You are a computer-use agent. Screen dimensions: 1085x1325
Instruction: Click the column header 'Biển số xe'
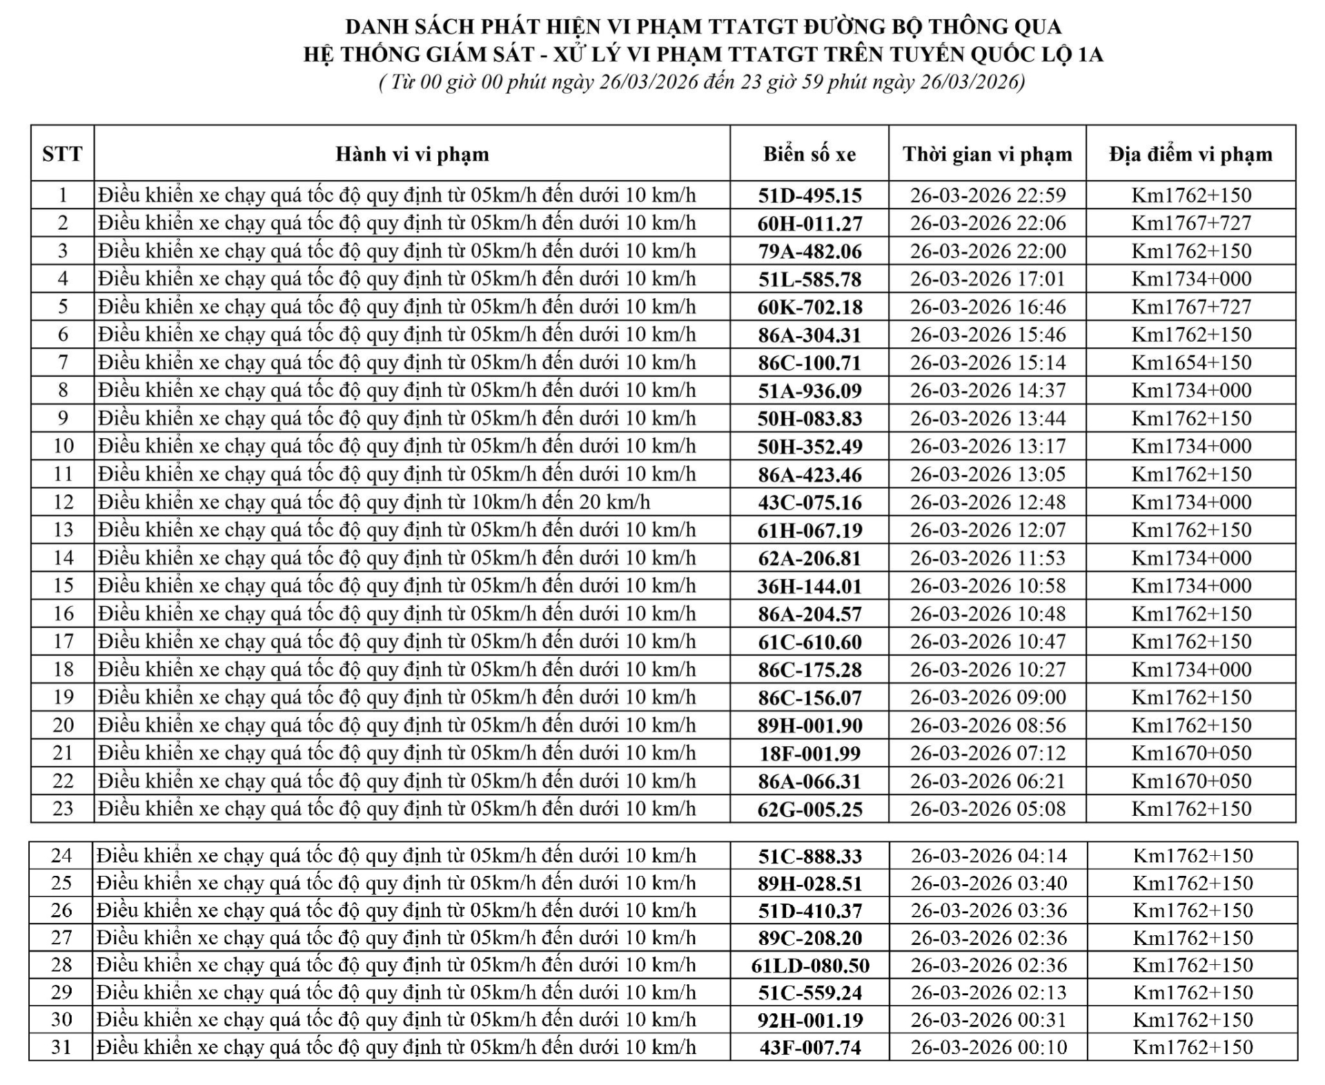(809, 154)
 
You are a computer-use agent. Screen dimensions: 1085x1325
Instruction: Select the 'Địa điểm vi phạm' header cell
(1190, 154)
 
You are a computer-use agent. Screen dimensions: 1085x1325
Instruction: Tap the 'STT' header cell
(62, 154)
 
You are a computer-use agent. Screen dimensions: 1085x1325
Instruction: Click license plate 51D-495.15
(809, 196)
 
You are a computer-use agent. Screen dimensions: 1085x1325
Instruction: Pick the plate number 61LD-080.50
(809, 966)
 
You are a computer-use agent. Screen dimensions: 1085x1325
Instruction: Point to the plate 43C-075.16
(809, 502)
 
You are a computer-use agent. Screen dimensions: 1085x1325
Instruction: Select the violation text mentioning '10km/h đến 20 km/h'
(374, 502)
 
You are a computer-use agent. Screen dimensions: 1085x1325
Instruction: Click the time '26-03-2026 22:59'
(988, 196)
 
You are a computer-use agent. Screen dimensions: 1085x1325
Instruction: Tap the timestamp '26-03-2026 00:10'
(988, 1048)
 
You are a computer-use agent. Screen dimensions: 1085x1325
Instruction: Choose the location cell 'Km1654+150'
(1190, 363)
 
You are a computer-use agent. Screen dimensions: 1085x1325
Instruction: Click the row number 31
(61, 1048)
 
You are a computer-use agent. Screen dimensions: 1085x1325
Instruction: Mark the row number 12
(63, 502)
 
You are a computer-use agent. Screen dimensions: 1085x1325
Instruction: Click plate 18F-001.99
(809, 754)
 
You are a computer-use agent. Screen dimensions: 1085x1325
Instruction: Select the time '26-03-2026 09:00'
(988, 698)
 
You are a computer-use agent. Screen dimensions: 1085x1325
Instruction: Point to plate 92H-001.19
(809, 1020)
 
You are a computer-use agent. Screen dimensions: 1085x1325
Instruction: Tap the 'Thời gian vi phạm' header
(988, 154)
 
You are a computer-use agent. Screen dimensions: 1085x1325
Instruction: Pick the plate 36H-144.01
(809, 587)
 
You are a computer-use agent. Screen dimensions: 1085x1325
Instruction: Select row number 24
(61, 856)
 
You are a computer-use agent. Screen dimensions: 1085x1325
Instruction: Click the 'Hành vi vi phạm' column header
(412, 154)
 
